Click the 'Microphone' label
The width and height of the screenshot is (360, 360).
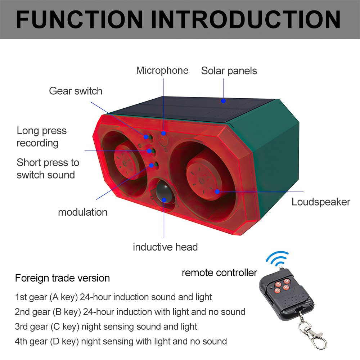(x=162, y=71)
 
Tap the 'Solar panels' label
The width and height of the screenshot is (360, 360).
(x=229, y=71)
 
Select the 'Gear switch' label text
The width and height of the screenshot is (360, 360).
(x=76, y=91)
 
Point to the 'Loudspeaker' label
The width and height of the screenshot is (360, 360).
(x=321, y=202)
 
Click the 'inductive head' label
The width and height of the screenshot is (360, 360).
(x=165, y=247)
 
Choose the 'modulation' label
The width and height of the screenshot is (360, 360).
(x=83, y=212)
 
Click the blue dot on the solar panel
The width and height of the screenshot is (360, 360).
(x=223, y=101)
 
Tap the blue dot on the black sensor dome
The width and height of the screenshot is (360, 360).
(x=164, y=200)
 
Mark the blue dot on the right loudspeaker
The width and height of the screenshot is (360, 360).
(x=217, y=192)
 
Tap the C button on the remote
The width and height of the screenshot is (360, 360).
(x=278, y=291)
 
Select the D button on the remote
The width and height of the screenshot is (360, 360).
(x=286, y=287)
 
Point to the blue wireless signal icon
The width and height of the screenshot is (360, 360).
(x=277, y=258)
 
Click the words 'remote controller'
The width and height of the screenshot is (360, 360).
(x=219, y=273)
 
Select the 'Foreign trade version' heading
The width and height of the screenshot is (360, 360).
(x=62, y=278)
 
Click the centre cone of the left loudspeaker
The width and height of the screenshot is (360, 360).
(x=125, y=163)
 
